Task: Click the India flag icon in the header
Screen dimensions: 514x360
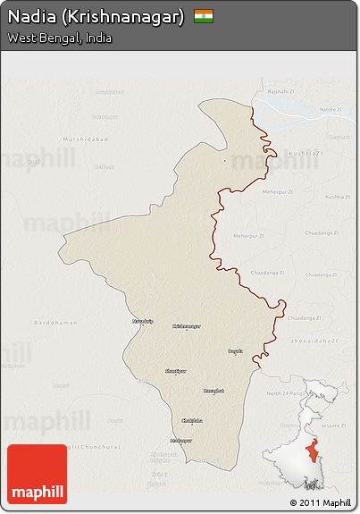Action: [204, 16]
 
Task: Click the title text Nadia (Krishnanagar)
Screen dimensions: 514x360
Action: [96, 16]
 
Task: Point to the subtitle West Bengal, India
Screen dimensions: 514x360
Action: [60, 38]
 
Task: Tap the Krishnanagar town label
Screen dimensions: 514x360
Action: [187, 326]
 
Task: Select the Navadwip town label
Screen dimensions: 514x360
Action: [143, 320]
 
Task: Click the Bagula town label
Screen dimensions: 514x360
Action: [236, 351]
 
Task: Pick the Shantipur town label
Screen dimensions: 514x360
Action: [176, 370]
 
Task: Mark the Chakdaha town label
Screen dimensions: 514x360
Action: [192, 420]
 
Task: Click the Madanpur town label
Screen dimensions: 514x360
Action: [181, 440]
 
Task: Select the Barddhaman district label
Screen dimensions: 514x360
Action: [55, 322]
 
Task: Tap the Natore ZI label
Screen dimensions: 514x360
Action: [331, 109]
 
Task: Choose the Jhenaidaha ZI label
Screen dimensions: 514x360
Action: [314, 341]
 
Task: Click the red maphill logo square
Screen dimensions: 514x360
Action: [37, 474]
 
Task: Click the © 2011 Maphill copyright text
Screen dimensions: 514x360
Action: [320, 502]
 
